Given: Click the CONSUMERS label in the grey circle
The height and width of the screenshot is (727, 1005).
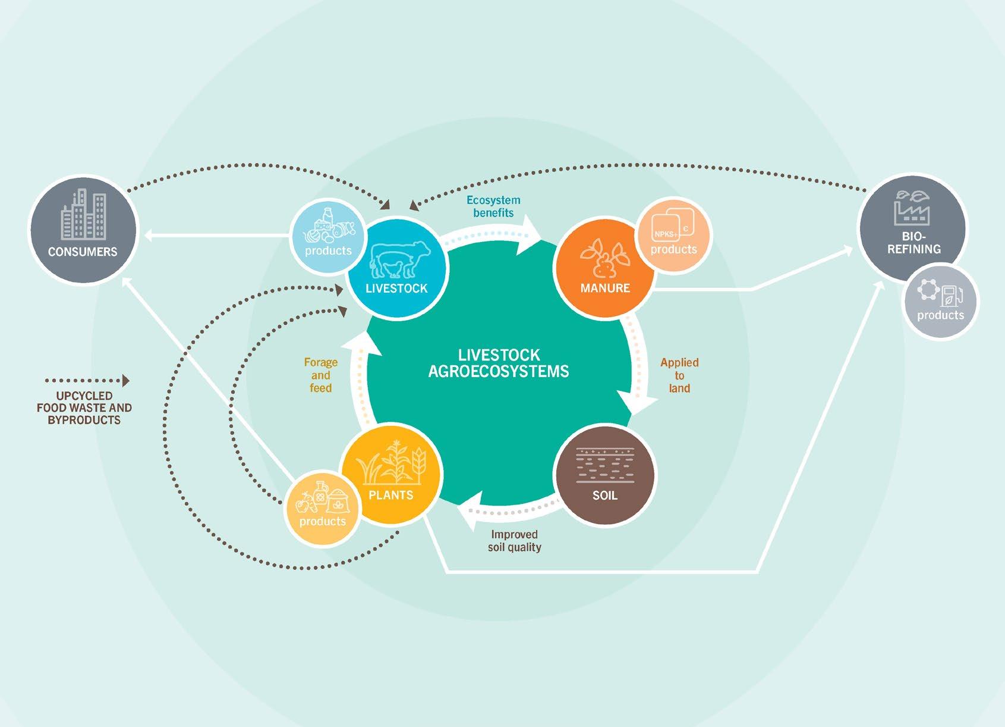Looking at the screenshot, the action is [83, 252].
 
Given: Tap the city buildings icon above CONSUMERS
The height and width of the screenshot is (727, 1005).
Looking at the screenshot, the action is [84, 215].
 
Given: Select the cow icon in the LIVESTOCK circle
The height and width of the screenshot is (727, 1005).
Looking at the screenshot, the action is [400, 259].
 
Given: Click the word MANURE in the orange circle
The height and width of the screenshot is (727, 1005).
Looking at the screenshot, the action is [605, 288].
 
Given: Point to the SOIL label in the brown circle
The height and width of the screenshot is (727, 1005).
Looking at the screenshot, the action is [604, 495].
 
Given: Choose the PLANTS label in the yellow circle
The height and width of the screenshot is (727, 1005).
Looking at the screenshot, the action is [390, 495].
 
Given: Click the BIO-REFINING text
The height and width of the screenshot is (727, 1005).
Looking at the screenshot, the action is [914, 243].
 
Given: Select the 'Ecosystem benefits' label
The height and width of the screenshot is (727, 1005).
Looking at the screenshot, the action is [493, 206].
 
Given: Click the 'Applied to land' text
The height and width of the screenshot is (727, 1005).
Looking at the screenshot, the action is [679, 375].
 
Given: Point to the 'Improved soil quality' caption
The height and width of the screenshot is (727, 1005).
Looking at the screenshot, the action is [514, 541].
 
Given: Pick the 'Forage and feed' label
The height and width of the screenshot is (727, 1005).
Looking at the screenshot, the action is [320, 375].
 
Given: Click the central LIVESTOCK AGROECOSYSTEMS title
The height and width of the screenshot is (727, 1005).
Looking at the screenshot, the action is [499, 363].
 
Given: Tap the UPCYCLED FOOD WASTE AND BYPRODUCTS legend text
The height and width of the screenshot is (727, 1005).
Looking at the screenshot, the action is [84, 408].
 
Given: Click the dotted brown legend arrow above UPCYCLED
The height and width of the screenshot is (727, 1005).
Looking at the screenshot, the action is [87, 381].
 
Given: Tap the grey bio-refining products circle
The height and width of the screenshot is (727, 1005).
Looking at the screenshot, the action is [941, 302].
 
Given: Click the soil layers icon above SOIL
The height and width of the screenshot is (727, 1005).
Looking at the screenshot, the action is [605, 465].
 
